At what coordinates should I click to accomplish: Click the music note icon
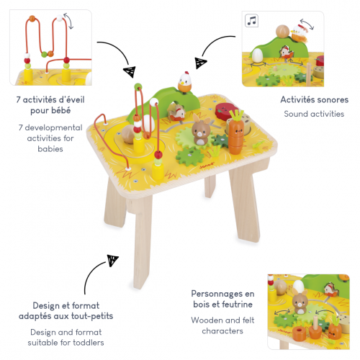tap(251, 21)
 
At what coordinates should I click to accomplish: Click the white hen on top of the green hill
tap(184, 83)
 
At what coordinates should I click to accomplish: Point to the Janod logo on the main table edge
tap(207, 165)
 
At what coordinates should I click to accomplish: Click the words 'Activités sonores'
tap(315, 99)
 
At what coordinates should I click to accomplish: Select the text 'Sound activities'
tap(314, 114)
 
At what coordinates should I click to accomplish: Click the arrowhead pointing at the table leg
tap(112, 261)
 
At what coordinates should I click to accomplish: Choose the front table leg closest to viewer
tap(143, 243)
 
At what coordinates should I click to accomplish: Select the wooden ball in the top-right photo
tap(282, 32)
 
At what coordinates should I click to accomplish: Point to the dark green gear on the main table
tap(221, 140)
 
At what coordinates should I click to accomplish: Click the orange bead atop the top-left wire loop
tap(32, 18)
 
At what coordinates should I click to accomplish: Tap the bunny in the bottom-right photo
tap(300, 302)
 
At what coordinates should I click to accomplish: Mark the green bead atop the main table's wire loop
tap(138, 86)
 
